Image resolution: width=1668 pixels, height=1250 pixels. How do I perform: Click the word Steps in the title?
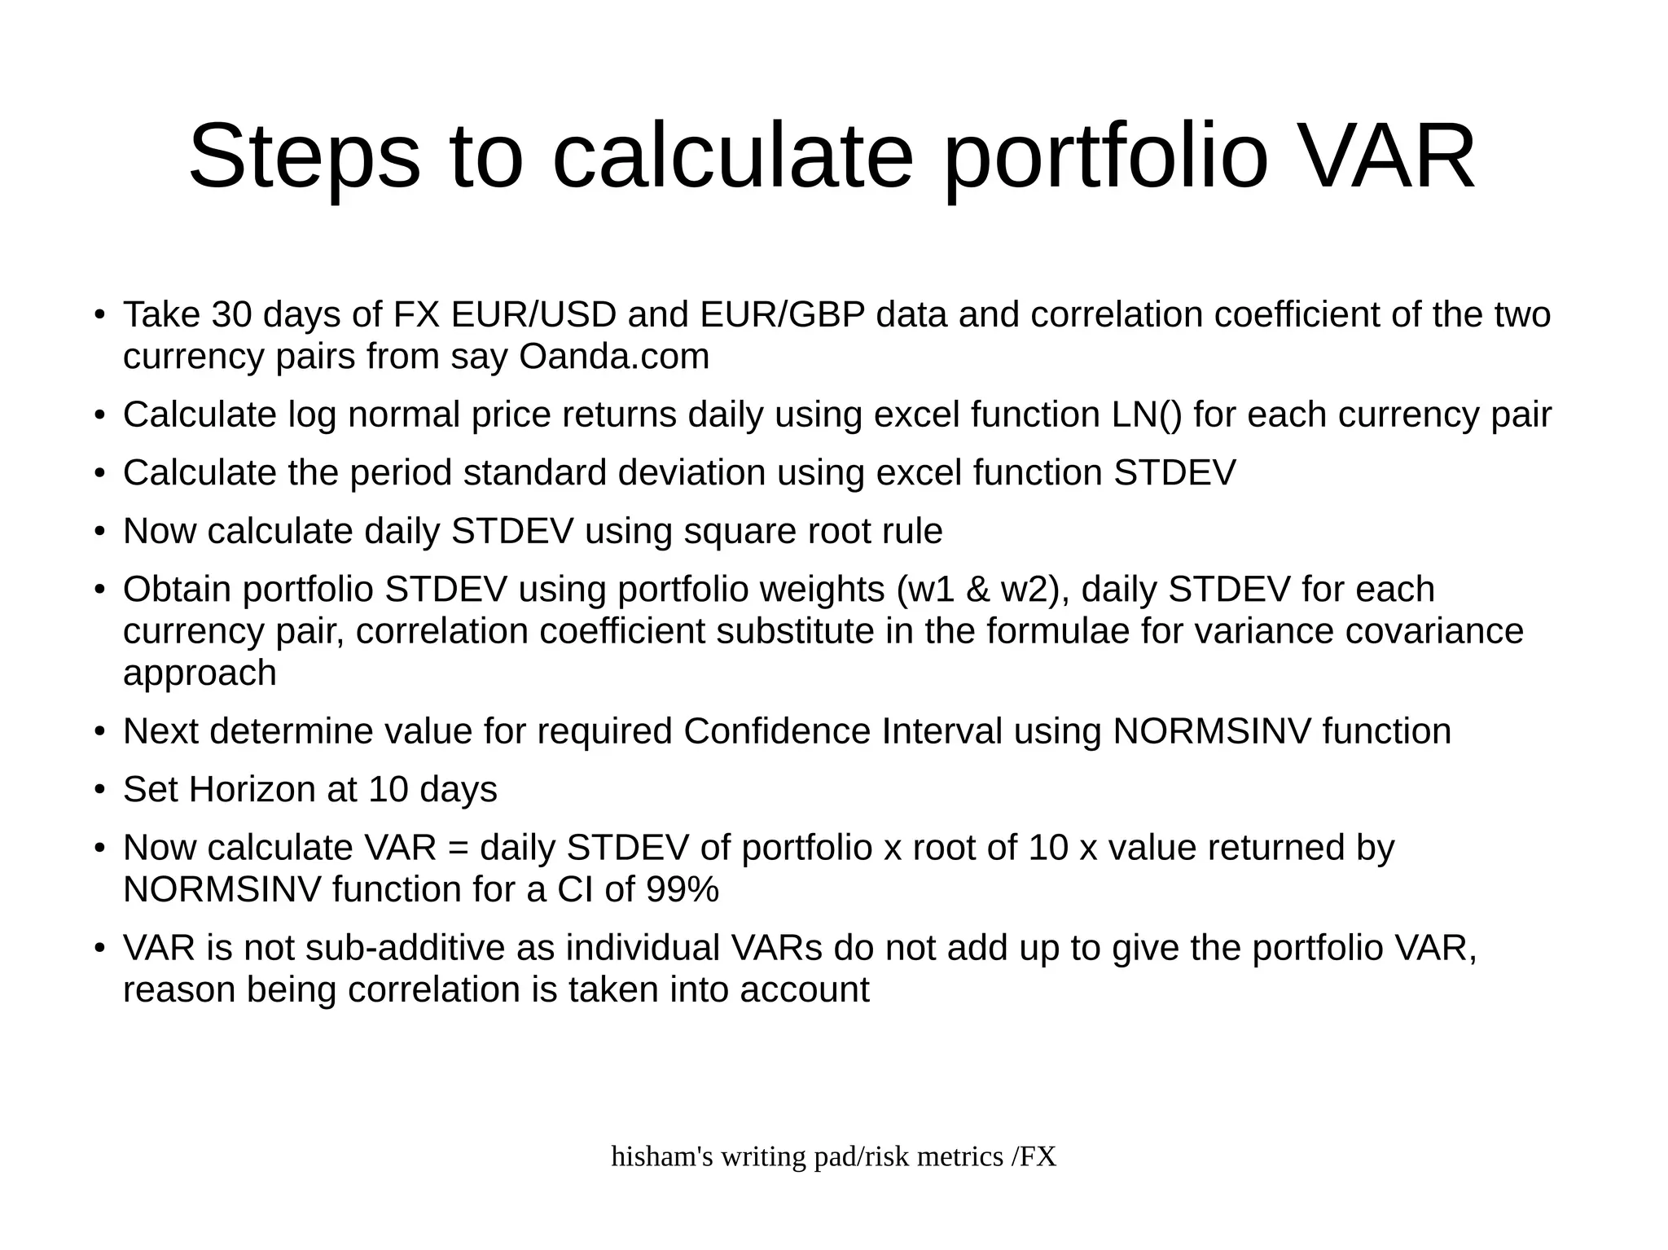coord(304,156)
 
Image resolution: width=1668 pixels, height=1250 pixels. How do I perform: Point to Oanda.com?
coord(614,357)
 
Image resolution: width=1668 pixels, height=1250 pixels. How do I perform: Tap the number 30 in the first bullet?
coord(231,315)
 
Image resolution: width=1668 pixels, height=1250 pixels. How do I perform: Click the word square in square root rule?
coord(739,532)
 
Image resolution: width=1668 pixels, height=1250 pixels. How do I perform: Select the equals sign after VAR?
coord(459,849)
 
